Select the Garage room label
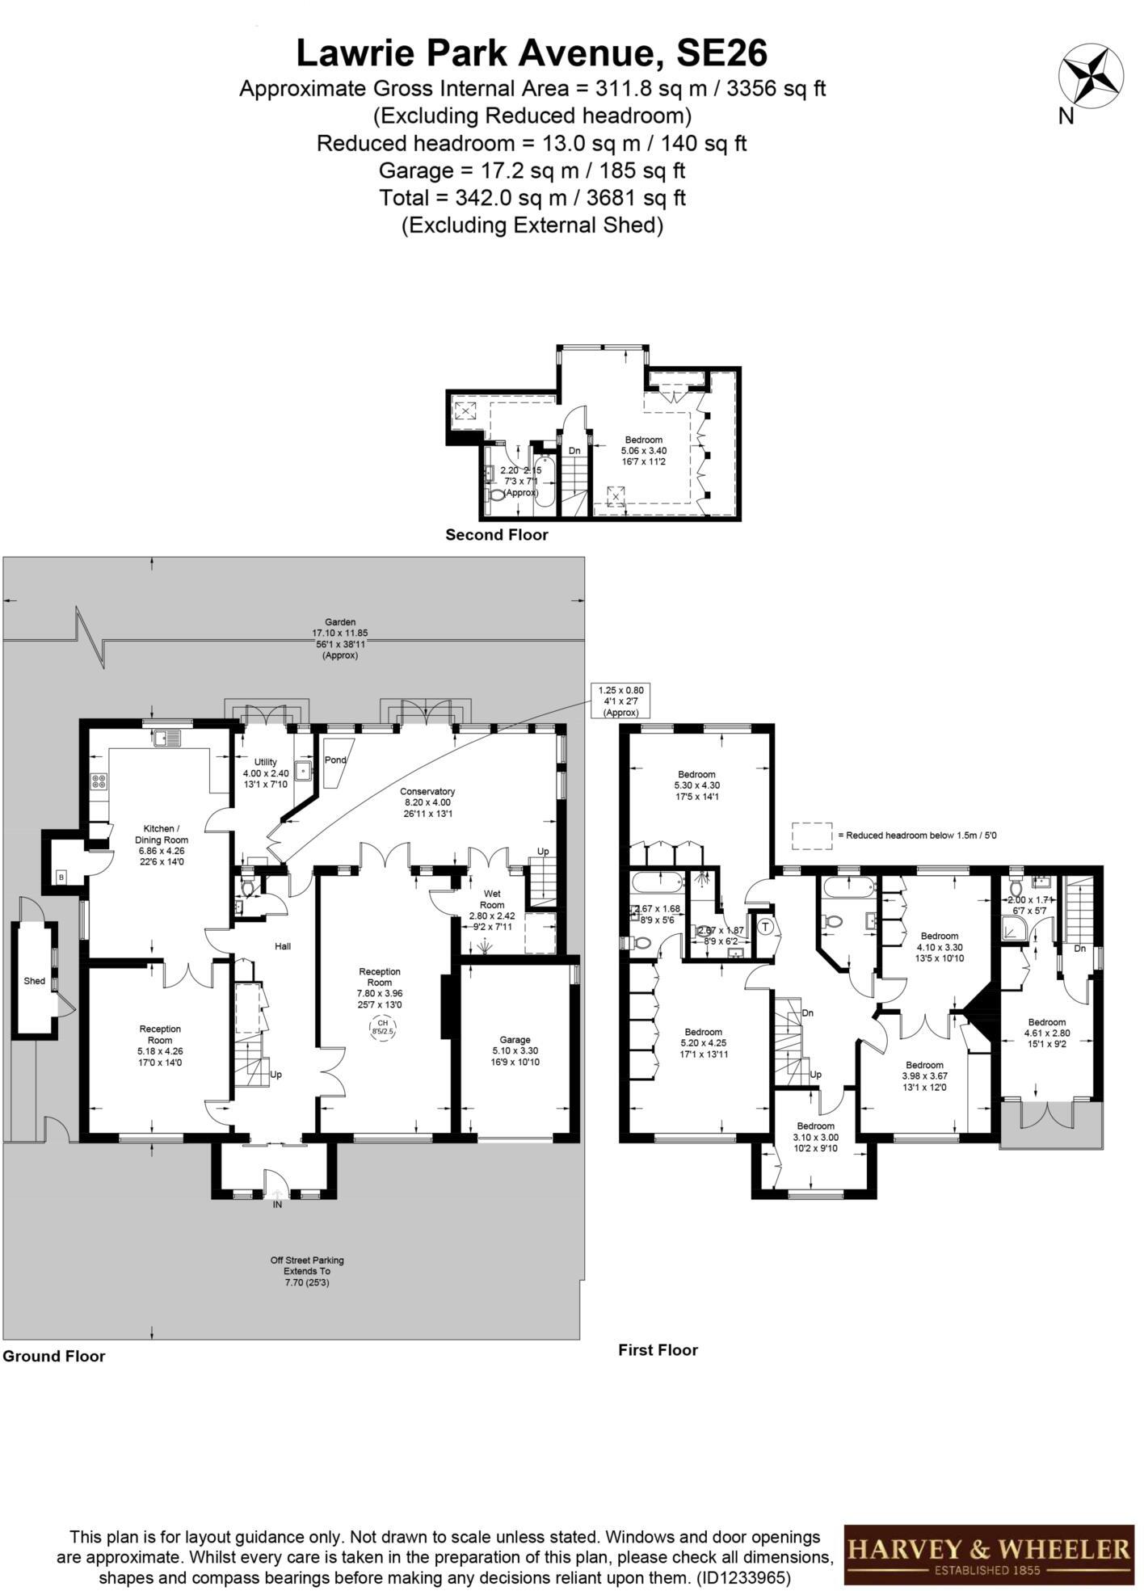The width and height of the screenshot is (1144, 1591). point(515,1050)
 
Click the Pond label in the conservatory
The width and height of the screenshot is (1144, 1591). point(335,760)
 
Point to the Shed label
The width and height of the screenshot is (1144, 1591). point(34,981)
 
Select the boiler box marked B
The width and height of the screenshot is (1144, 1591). point(61,877)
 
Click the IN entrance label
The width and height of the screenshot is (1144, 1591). point(277,1205)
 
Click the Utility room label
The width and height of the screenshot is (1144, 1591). point(266,773)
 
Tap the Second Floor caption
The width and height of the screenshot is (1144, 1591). point(497,535)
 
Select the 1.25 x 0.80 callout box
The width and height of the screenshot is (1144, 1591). point(621,701)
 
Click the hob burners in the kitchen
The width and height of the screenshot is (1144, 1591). point(99,781)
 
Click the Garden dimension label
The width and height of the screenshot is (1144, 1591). point(339,638)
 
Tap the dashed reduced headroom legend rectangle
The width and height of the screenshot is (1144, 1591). point(811,835)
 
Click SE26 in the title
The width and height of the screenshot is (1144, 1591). point(721,53)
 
